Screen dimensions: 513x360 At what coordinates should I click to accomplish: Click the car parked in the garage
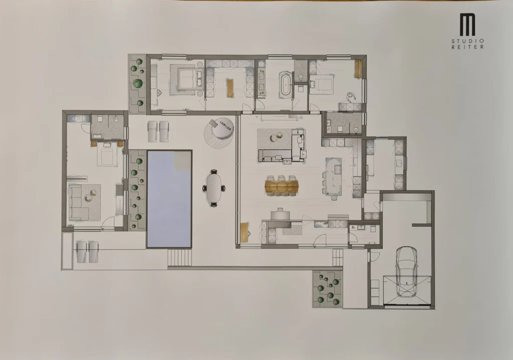point(406,272)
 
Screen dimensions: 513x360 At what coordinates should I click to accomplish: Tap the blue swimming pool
point(169,199)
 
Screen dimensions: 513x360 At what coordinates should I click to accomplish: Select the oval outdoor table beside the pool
point(213,188)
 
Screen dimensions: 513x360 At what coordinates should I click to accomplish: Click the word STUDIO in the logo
point(467,41)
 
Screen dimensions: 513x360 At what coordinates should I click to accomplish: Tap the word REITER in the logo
point(467,47)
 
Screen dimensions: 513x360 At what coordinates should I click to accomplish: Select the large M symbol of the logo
point(467,25)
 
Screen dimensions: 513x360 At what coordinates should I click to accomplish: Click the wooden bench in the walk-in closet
point(229,88)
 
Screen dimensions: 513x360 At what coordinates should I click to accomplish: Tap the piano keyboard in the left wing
point(77,179)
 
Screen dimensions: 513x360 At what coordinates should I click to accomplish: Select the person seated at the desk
point(351,97)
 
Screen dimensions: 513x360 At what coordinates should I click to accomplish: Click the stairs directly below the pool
point(179,257)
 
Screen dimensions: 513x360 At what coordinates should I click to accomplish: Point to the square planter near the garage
point(328,289)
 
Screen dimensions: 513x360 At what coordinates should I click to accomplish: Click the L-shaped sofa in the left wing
point(79,203)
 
